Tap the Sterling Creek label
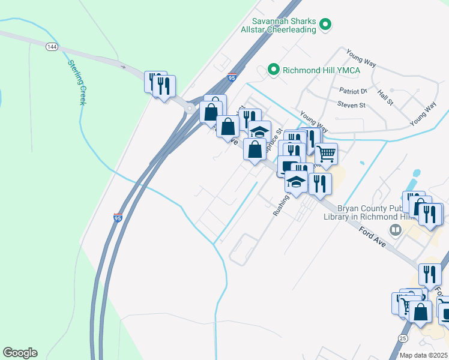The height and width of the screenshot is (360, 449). pyautogui.click(x=77, y=82)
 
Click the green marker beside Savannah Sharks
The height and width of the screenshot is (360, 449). pyautogui.click(x=326, y=25)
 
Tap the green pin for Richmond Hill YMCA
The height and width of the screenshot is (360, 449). pyautogui.click(x=273, y=70)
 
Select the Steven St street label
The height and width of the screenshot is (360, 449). pyautogui.click(x=351, y=105)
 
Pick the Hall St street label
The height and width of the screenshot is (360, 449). pyautogui.click(x=385, y=98)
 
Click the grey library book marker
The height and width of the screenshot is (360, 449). pyautogui.click(x=395, y=229)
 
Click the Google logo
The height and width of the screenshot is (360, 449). pyautogui.click(x=20, y=353)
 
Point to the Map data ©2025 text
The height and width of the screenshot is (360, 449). pyautogui.click(x=424, y=355)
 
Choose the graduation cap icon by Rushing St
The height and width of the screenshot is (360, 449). pyautogui.click(x=296, y=181)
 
